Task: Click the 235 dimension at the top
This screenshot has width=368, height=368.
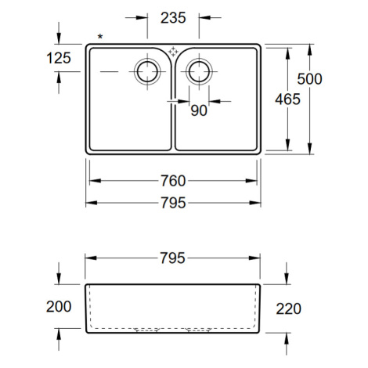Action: click(173, 18)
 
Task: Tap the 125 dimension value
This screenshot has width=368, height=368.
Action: click(59, 58)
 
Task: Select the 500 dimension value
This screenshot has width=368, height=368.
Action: click(309, 79)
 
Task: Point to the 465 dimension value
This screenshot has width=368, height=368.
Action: click(287, 99)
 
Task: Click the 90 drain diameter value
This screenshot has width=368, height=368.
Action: click(199, 110)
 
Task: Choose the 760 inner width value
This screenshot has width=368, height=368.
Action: click(173, 181)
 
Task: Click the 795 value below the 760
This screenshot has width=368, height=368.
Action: click(173, 203)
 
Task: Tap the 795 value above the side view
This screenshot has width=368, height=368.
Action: click(172, 258)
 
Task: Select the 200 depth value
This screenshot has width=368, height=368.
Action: click(59, 306)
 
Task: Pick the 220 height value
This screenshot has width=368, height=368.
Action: click(288, 308)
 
